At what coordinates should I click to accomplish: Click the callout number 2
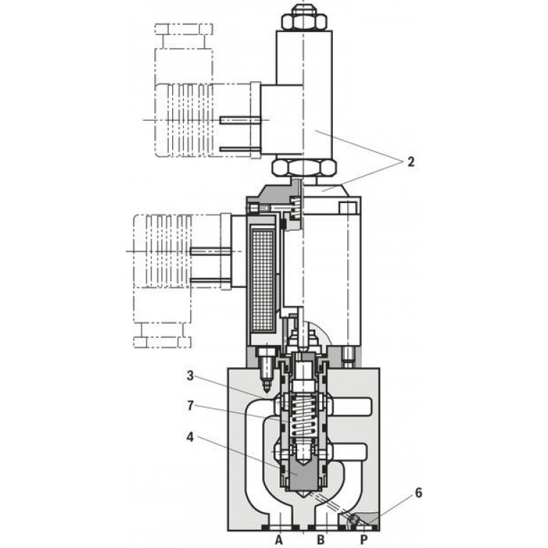coord(410,161)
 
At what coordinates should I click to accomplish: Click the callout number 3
coord(190,376)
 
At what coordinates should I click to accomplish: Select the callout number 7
coord(190,406)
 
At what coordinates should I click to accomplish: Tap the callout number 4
coord(190,437)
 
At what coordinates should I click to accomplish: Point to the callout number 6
coord(419,493)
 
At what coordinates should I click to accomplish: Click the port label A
coord(279,540)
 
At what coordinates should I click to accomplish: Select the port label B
coord(321,540)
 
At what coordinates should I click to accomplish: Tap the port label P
coord(364,540)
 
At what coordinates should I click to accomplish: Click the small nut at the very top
coord(304,17)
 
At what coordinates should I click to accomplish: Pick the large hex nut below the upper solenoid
coord(304,167)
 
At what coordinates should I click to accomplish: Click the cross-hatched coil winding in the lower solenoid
coord(262,282)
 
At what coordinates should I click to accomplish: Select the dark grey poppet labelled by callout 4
coord(303,476)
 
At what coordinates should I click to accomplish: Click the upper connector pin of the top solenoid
coord(241,120)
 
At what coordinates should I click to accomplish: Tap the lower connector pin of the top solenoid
coord(241,149)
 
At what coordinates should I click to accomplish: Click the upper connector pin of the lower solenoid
coord(210,251)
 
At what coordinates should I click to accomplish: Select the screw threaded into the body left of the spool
coord(266,371)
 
